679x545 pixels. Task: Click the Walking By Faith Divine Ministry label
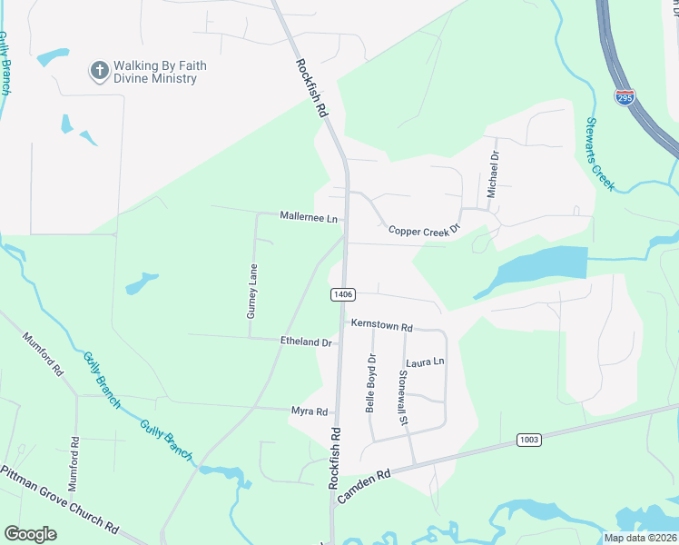pos(154,73)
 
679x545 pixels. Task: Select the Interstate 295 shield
pos(624,96)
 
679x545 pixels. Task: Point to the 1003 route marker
pos(529,440)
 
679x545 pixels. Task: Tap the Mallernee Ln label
pos(309,218)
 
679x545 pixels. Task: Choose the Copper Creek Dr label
pos(425,231)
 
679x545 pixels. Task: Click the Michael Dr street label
pos(494,175)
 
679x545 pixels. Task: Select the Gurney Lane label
pos(252,291)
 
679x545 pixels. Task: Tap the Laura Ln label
pos(426,362)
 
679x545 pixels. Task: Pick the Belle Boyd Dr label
pos(370,383)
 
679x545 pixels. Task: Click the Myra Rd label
pos(309,411)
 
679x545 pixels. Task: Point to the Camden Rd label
pos(362,487)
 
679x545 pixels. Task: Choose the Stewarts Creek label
pos(600,154)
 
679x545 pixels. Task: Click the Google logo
pos(30,534)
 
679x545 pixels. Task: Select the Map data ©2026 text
pos(640,538)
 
